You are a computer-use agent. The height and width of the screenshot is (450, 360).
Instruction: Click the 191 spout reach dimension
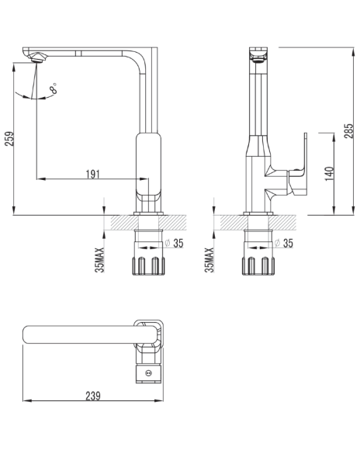(93, 174)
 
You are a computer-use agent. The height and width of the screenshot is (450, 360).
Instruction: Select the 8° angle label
(54, 88)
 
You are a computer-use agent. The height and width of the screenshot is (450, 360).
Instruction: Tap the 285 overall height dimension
(349, 131)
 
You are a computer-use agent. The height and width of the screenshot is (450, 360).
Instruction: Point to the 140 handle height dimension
(330, 174)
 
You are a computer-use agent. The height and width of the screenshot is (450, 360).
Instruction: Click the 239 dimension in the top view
(93, 396)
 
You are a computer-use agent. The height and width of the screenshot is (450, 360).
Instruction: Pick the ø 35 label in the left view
(175, 243)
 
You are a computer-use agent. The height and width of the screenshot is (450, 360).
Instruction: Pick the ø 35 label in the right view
(284, 243)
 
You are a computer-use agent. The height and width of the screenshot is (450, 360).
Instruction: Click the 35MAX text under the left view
(99, 260)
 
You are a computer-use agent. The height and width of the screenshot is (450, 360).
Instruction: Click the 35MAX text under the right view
(209, 260)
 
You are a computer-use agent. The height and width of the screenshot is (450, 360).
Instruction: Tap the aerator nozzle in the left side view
(36, 57)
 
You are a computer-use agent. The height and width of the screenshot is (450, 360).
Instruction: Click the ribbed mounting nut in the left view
(148, 266)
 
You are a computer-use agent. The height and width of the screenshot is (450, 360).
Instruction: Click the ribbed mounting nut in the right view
(258, 266)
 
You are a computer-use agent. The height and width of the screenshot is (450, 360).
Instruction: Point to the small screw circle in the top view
(149, 373)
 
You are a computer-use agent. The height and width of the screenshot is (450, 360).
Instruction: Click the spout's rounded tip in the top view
(26, 334)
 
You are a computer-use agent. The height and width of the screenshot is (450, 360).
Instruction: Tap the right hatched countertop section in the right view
(282, 223)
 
